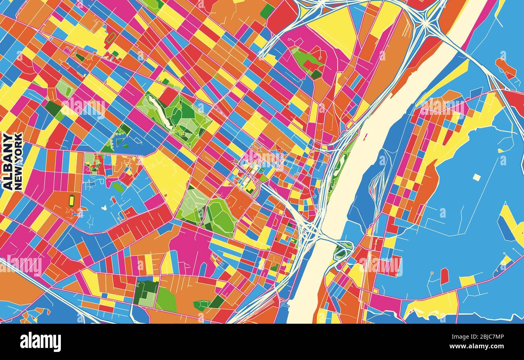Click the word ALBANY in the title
point(8,161)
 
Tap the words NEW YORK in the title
point(18,161)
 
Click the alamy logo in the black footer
point(40,342)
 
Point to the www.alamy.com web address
point(482,347)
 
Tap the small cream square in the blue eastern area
point(476,177)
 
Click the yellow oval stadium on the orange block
point(72,200)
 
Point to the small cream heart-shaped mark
point(104,208)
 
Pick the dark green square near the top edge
point(267,11)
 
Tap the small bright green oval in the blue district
point(118,187)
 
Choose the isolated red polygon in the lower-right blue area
point(444,276)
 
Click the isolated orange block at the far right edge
point(505,69)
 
